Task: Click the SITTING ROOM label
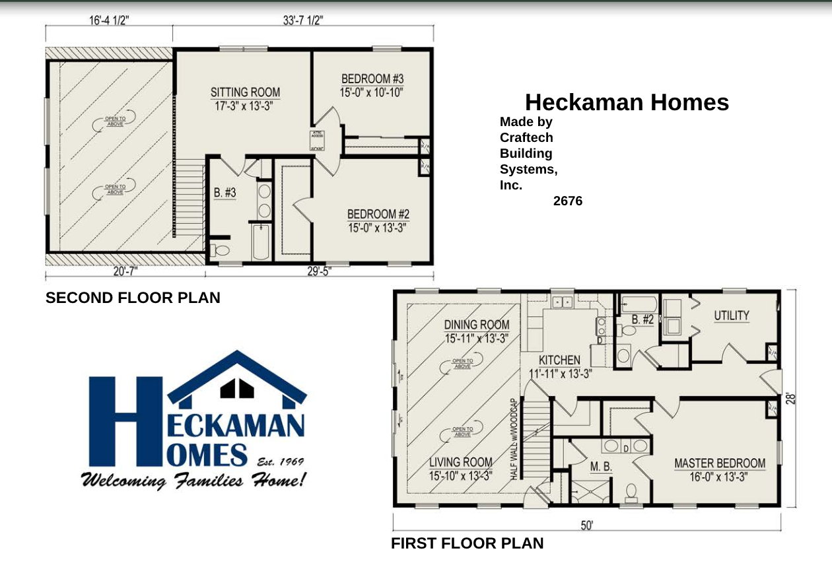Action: [245, 92]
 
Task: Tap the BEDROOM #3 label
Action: [372, 79]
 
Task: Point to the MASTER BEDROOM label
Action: [719, 463]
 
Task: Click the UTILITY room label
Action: [731, 316]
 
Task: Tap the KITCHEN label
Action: [559, 360]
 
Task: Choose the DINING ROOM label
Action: [476, 325]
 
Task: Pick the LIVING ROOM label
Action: [460, 462]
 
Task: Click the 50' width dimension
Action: [586, 525]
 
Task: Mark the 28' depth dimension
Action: [791, 399]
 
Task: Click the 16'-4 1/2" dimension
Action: [109, 20]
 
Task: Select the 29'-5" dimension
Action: [319, 271]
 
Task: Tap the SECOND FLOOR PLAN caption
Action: [133, 298]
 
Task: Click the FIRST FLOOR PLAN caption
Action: [468, 543]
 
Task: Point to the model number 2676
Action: [568, 201]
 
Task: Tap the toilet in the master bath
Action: [631, 491]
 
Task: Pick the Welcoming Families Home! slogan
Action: [193, 480]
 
